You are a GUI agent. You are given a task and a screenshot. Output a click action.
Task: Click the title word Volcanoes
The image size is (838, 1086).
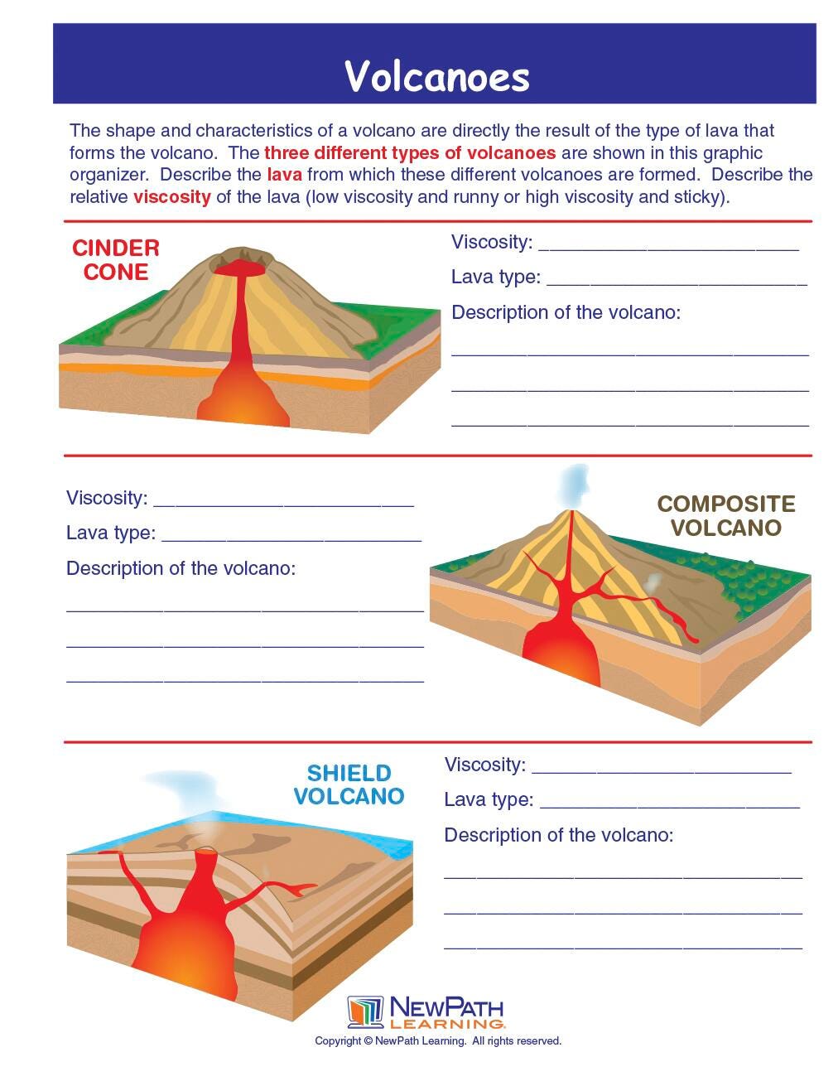(436, 76)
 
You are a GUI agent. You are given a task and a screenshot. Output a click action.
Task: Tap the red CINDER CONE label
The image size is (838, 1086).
(116, 260)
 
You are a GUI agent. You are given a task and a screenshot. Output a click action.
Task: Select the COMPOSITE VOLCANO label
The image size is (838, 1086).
(726, 516)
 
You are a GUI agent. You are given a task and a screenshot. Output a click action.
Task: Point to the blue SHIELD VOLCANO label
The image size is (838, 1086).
(349, 784)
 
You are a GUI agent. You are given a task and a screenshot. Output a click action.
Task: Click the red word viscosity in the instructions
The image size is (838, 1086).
(171, 197)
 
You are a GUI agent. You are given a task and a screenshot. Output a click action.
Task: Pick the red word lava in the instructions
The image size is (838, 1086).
(284, 175)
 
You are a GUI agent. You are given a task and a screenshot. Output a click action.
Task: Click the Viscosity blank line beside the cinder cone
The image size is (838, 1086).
(668, 246)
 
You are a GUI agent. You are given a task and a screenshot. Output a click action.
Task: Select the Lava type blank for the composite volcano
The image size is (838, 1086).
(291, 537)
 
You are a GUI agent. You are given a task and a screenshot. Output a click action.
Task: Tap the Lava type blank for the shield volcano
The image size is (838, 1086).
(669, 804)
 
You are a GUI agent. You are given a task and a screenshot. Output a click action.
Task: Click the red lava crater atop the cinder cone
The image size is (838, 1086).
(241, 268)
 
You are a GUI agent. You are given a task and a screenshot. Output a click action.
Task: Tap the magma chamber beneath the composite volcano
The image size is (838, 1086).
(563, 650)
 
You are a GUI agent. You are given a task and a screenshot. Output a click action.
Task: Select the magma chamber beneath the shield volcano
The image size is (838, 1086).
(186, 944)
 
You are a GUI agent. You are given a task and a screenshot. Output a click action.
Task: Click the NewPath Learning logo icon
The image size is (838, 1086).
(365, 1012)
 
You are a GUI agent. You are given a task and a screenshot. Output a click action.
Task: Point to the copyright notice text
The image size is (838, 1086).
(438, 1041)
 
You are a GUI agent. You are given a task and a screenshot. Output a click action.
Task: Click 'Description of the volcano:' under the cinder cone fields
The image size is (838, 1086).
(566, 312)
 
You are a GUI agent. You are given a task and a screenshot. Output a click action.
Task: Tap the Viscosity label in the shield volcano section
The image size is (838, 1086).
(484, 765)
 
